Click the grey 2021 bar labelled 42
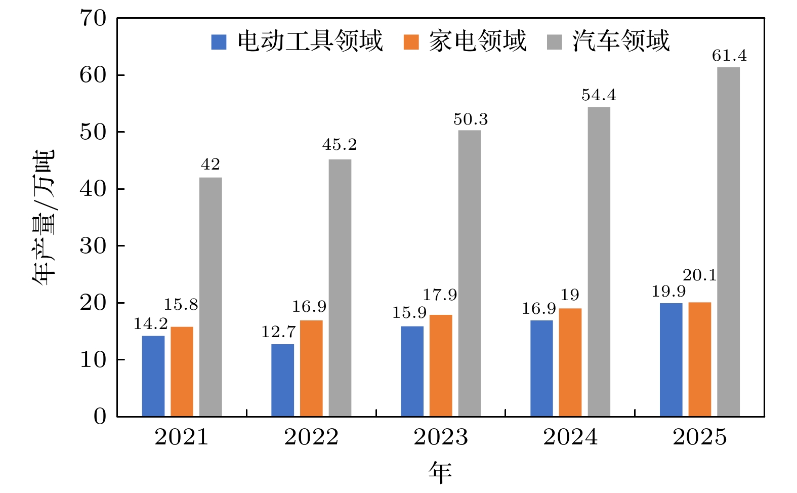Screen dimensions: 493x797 tap(211, 297)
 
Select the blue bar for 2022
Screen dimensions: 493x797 tap(282, 380)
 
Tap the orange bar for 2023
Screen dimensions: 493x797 tap(441, 365)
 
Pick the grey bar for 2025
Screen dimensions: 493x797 tap(728, 242)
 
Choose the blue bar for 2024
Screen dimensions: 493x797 tap(541, 368)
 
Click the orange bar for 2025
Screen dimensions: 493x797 tap(699, 359)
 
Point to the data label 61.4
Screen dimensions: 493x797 tap(729, 56)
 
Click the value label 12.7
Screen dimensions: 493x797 tap(278, 332)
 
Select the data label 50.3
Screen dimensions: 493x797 tap(470, 119)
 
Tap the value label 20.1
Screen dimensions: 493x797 tap(699, 275)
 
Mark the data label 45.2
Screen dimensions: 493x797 tap(339, 145)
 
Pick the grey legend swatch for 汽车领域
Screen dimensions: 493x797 tap(555, 42)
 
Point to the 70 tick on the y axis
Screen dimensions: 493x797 tap(94, 18)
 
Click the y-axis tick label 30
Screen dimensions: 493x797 tap(94, 246)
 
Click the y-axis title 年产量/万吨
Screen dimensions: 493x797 tap(44, 218)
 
